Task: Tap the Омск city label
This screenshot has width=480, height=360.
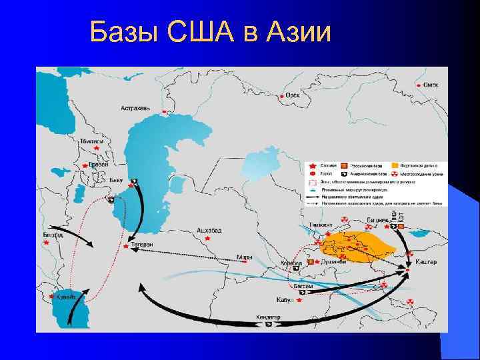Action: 430,85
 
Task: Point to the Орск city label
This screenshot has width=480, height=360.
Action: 293,95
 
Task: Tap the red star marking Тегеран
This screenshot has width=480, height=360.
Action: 127,247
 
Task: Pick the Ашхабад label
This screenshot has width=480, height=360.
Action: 209,230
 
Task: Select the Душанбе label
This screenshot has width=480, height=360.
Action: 334,262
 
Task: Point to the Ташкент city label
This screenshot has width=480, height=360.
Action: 321,225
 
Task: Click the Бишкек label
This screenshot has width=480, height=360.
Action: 377,219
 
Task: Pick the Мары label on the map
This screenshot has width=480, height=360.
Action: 245,257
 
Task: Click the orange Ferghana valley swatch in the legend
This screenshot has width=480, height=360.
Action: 395,164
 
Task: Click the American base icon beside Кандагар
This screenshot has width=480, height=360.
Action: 269,325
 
